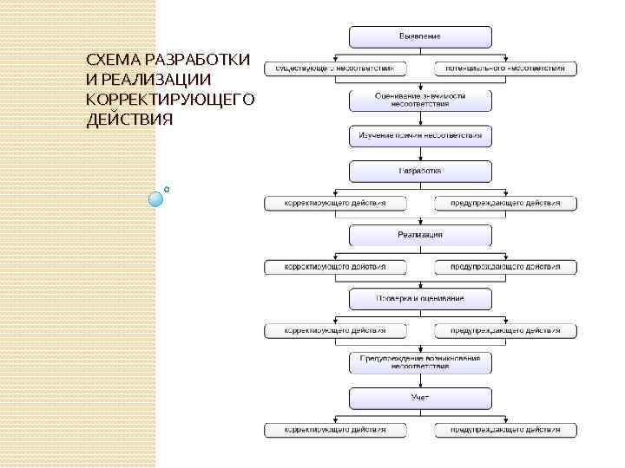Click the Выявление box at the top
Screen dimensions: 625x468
(x=420, y=36)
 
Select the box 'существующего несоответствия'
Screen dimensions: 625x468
(x=335, y=68)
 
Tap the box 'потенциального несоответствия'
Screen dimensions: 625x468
(x=505, y=68)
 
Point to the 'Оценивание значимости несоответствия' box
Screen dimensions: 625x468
(x=420, y=99)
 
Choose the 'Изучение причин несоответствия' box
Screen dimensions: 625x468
(x=420, y=136)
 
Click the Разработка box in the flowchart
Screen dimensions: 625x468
(x=420, y=171)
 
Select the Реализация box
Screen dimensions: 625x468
(x=420, y=235)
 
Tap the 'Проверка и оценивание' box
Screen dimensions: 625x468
(x=420, y=298)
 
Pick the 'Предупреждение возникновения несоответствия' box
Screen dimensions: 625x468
(x=420, y=361)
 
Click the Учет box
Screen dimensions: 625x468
(x=420, y=398)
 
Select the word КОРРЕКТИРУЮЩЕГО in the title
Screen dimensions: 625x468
(x=171, y=99)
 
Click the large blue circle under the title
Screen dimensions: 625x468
(x=156, y=198)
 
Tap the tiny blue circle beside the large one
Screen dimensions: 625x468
(x=167, y=188)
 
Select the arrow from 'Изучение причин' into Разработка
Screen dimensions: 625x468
(x=420, y=153)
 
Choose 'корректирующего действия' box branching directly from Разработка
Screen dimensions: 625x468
(x=335, y=204)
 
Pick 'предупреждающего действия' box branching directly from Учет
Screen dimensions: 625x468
(x=505, y=430)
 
